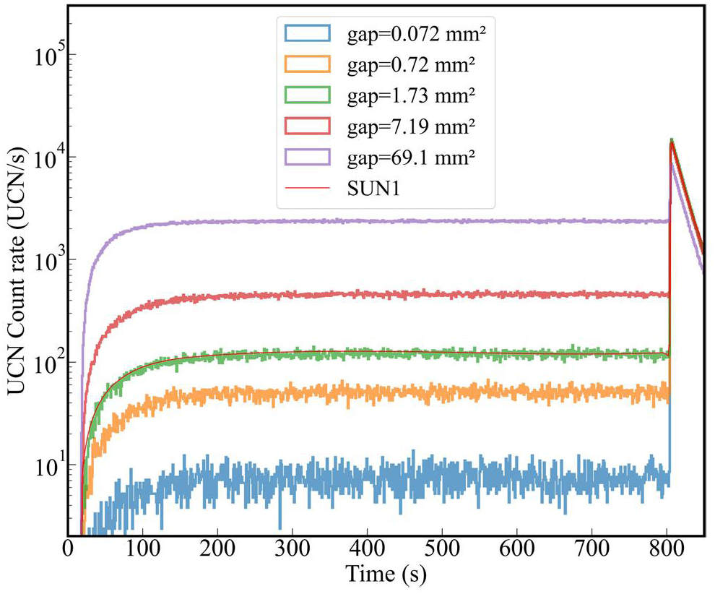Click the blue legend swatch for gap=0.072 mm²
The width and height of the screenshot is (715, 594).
[x=307, y=33]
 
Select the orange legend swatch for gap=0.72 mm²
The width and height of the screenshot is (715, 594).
[x=307, y=64]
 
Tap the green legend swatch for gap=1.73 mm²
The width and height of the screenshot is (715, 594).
[x=307, y=95]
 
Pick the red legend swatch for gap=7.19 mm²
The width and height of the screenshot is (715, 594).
[x=307, y=126]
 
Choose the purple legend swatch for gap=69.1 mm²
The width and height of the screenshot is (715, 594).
[x=307, y=158]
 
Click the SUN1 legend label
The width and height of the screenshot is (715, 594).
[x=374, y=189]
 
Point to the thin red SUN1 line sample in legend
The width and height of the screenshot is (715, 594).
[x=307, y=189]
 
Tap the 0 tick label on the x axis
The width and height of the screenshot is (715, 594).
[x=69, y=549]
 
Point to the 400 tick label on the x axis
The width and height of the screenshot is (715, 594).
[x=368, y=549]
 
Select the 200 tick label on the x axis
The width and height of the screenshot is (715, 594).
[x=219, y=549]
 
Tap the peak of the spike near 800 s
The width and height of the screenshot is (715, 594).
[x=672, y=139]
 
